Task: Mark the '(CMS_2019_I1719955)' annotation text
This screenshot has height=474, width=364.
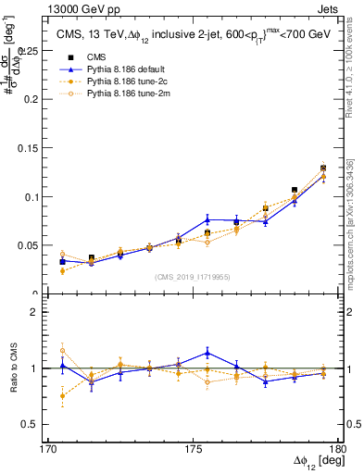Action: (193, 276)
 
